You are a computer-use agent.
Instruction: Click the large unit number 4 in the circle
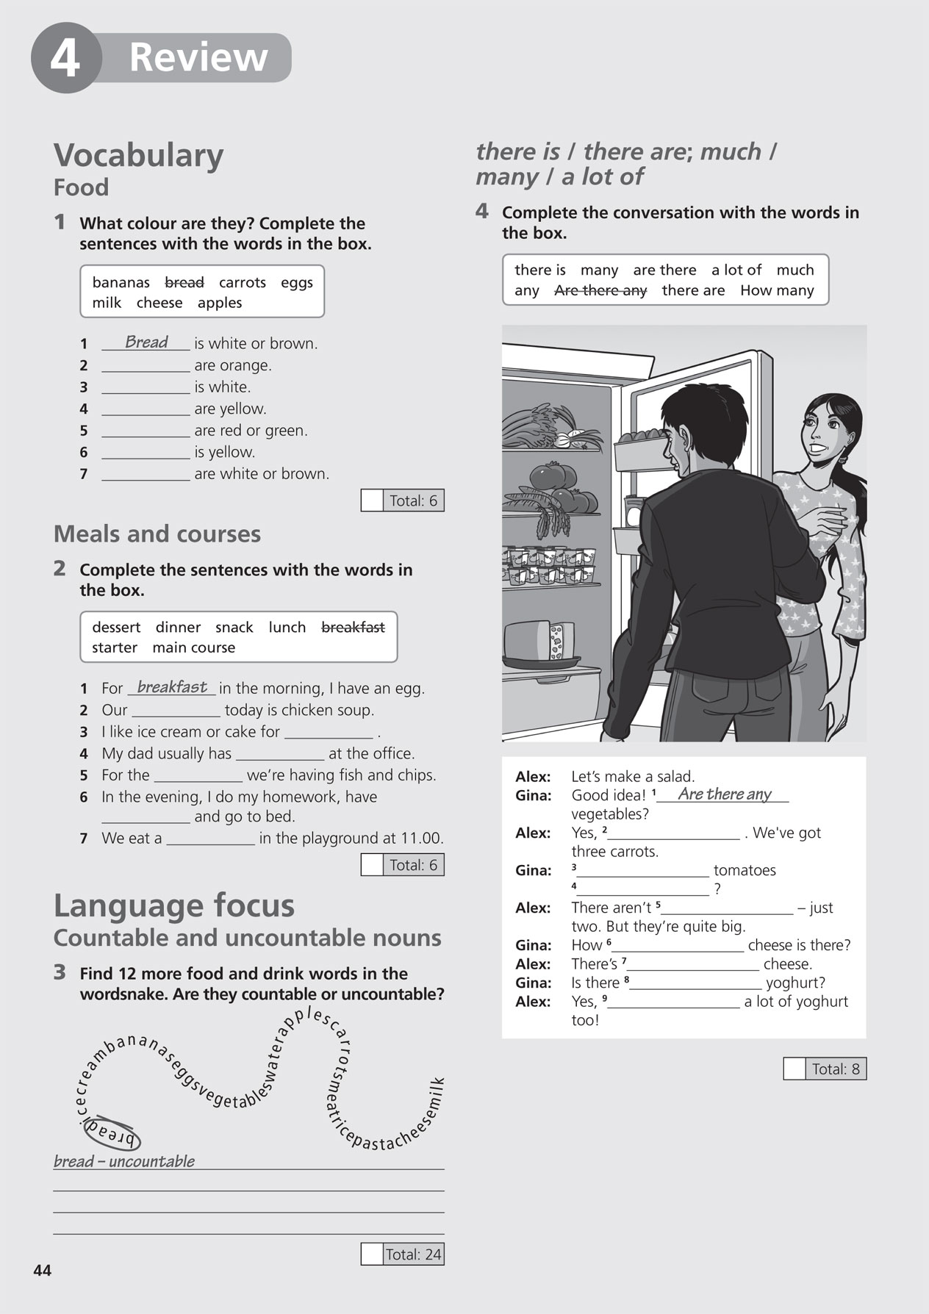65,59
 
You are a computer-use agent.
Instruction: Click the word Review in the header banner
198,57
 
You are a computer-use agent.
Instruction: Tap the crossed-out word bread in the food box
184,282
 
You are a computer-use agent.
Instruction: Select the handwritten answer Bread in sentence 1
146,342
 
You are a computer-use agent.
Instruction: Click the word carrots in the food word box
243,282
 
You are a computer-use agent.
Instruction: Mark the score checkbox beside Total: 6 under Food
373,500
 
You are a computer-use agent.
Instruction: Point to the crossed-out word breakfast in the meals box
353,627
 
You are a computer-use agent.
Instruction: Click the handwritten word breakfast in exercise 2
172,687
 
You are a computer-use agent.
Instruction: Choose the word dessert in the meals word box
116,627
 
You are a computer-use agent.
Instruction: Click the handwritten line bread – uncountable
124,1161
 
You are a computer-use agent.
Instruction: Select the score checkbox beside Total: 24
372,1254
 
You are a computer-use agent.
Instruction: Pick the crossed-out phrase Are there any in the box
600,290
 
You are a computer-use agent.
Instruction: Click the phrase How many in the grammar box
777,290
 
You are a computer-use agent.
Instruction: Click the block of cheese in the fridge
540,642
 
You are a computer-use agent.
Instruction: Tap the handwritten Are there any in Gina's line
725,794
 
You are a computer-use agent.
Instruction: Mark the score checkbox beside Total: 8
795,1069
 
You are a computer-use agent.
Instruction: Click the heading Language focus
174,905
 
